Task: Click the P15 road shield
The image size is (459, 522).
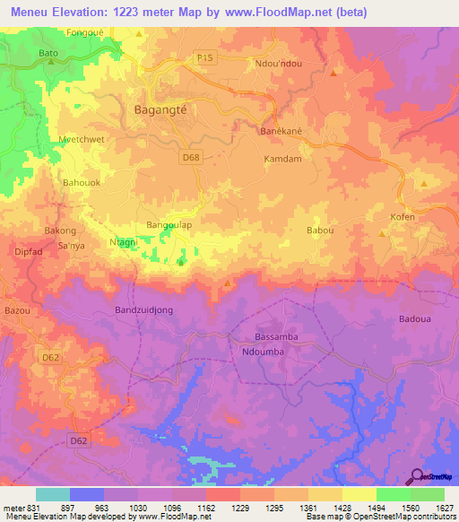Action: [205, 58]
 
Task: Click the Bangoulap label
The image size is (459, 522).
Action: [169, 225]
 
